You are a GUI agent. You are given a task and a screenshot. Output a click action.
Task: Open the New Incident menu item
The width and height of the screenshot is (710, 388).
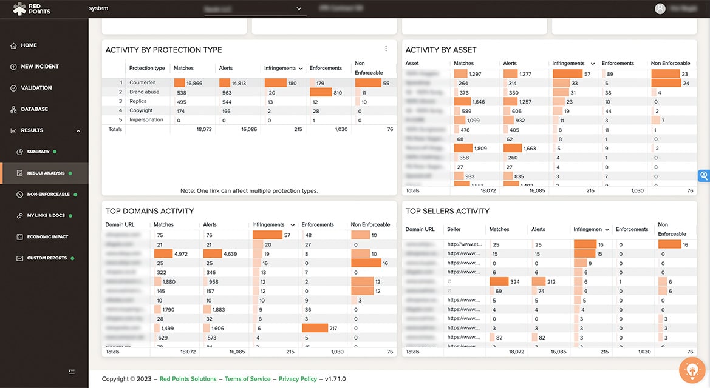tap(39, 67)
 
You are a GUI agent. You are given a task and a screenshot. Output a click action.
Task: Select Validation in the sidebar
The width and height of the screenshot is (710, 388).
tap(36, 88)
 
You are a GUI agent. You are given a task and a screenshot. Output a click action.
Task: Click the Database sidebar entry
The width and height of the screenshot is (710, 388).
tap(34, 109)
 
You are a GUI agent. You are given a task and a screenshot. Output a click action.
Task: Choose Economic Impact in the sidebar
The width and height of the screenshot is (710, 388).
tap(47, 237)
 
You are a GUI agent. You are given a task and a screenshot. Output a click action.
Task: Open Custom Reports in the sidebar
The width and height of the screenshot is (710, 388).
tap(47, 258)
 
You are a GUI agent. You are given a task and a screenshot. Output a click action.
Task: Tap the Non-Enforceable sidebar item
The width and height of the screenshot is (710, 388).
tap(48, 195)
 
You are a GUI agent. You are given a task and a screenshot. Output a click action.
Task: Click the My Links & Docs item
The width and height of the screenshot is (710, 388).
tap(46, 216)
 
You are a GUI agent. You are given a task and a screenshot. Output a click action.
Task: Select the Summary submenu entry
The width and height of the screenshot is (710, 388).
tap(38, 152)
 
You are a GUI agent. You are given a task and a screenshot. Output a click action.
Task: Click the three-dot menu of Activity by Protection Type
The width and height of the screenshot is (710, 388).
tap(386, 49)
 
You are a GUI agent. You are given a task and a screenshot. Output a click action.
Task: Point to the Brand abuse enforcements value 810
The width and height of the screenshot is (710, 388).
tap(338, 93)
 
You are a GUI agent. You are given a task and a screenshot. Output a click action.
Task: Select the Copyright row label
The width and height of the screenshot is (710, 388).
tap(141, 111)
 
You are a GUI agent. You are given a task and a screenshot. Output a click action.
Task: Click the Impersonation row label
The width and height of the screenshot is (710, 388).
tap(146, 120)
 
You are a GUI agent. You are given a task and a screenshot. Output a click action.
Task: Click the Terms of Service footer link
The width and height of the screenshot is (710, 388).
tap(247, 379)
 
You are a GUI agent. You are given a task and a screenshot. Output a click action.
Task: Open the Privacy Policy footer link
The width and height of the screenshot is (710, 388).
tap(298, 379)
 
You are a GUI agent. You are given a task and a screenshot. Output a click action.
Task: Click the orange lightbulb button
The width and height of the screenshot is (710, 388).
tap(691, 370)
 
